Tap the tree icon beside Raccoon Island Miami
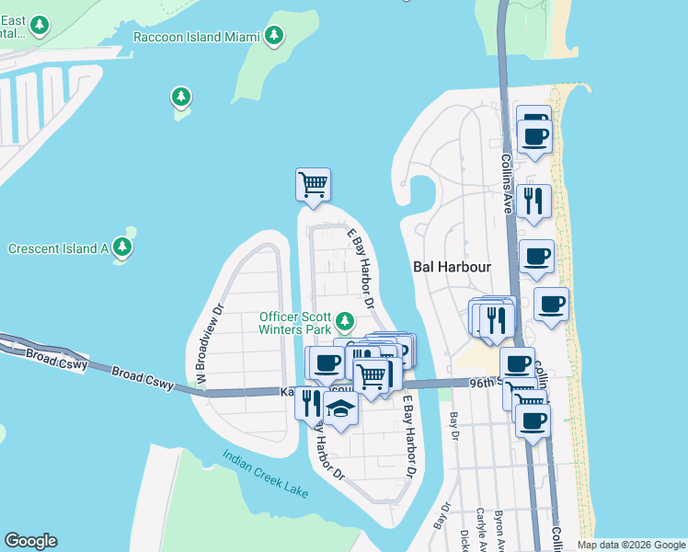(x=273, y=37)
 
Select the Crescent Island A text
(x=58, y=248)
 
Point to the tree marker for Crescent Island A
(x=121, y=247)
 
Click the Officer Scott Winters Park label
(x=294, y=323)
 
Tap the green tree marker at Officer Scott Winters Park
(x=344, y=321)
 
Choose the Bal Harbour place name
(x=450, y=267)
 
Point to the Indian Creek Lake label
(x=264, y=475)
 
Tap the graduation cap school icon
(x=340, y=408)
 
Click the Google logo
(x=30, y=541)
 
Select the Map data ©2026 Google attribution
(x=631, y=545)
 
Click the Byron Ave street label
(x=499, y=527)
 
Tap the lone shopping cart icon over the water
(x=313, y=184)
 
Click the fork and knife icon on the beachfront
(x=533, y=201)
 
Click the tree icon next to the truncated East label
(x=39, y=25)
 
